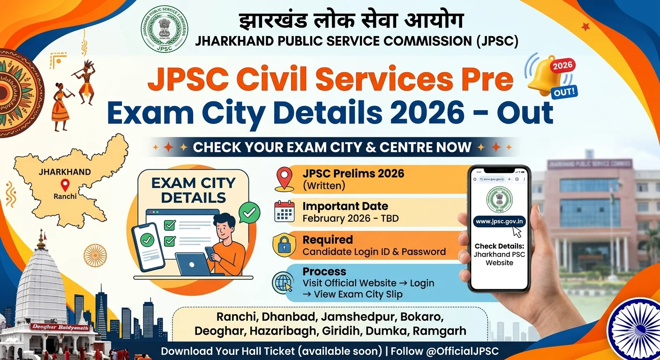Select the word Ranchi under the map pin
[65, 196]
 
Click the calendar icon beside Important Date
[285, 211]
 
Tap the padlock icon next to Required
[284, 245]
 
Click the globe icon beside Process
[284, 283]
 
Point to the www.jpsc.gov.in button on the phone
[500, 221]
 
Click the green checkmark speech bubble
[249, 213]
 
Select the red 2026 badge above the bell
[563, 66]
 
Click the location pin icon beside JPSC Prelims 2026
[285, 179]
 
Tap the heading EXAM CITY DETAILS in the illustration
[193, 190]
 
